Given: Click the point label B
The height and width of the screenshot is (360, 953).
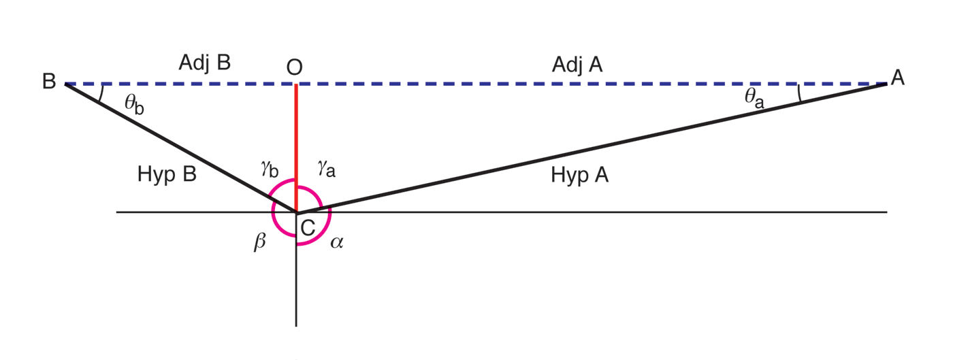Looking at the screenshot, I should click(49, 82).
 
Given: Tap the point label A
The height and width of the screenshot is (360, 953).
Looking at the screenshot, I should click(897, 78).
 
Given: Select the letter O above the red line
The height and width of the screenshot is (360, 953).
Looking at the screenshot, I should click(294, 67).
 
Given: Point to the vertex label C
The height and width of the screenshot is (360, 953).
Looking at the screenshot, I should click(308, 228).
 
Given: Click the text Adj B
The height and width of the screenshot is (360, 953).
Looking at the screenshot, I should click(205, 63).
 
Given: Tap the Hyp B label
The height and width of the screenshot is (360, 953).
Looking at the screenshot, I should click(167, 174).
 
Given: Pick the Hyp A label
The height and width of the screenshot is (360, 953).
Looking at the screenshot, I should click(579, 176).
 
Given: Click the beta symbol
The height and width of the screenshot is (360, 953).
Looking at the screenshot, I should click(259, 242).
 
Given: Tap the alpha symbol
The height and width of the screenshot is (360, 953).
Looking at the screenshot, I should click(336, 242).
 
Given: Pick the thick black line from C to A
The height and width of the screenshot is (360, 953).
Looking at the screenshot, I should click(592, 146).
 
